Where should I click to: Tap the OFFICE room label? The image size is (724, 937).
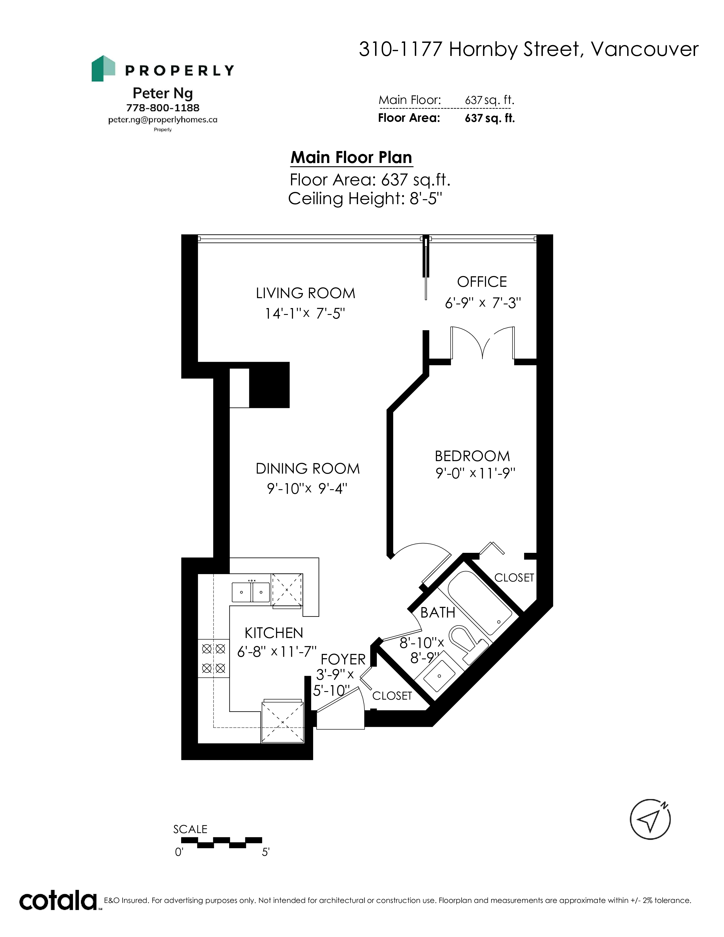482,282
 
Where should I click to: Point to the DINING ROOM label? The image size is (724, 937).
307,468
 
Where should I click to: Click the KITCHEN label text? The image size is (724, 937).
274,633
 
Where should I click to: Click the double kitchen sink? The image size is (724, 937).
251,593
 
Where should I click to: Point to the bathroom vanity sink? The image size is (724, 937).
440,676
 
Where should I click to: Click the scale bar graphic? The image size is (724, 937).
221,843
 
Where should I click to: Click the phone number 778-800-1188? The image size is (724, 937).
163,108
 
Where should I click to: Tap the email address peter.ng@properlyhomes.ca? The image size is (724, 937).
163,120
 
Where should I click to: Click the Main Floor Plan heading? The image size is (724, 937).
351,158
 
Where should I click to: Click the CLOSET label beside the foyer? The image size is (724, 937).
392,695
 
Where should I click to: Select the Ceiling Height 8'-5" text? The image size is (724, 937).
365,199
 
